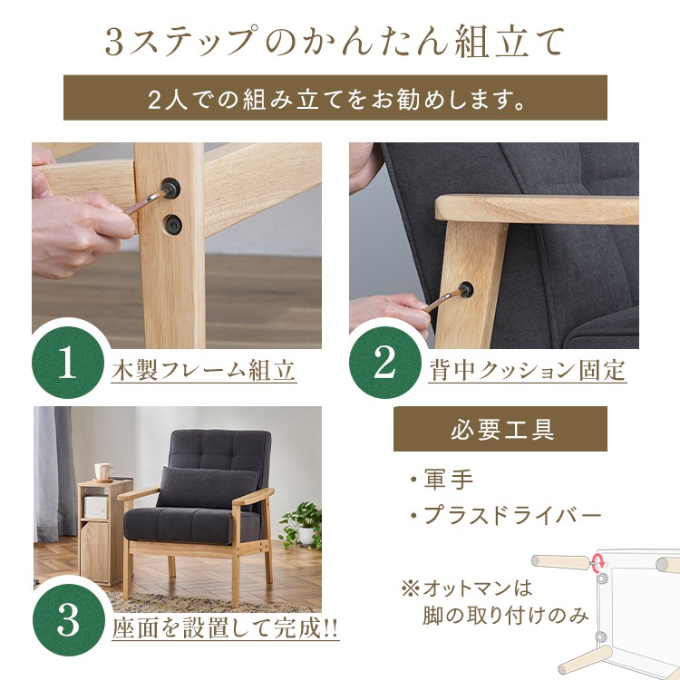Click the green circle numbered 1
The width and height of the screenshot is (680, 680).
pyautogui.click(x=68, y=363)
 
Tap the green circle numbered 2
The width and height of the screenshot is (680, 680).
pyautogui.click(x=385, y=363)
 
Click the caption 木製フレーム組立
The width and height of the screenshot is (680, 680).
pyautogui.click(x=203, y=371)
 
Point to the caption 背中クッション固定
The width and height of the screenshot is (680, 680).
pyautogui.click(x=527, y=371)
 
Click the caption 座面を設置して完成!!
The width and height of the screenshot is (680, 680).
pyautogui.click(x=225, y=627)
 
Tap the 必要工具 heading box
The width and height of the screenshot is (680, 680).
pyautogui.click(x=500, y=429)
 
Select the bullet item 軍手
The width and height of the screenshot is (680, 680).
pyautogui.click(x=442, y=480)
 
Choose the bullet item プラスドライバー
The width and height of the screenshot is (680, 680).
pyautogui.click(x=506, y=515)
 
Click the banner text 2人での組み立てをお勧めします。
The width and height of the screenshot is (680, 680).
pyautogui.click(x=335, y=99)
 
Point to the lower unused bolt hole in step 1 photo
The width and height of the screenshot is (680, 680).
pyautogui.click(x=172, y=224)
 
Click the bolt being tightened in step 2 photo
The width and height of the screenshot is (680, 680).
pyautogui.click(x=466, y=288)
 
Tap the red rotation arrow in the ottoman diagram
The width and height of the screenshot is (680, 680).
pyautogui.click(x=599, y=561)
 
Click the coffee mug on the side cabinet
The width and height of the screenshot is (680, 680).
pyautogui.click(x=104, y=471)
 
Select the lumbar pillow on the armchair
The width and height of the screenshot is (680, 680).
pyautogui.click(x=208, y=488)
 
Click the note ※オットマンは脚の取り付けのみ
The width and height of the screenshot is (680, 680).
pyautogui.click(x=494, y=603)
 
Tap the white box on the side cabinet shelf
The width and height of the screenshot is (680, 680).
pyautogui.click(x=96, y=507)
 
